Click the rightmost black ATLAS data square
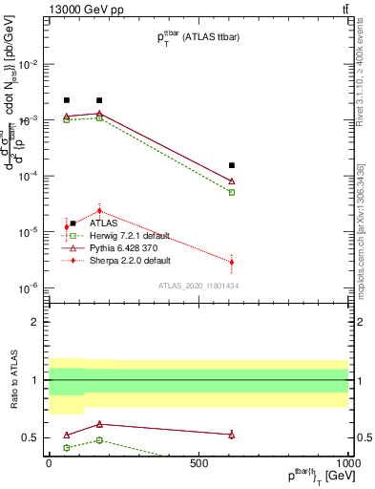[x=232, y=165]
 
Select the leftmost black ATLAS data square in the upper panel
[x=67, y=100]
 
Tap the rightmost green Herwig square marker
[x=232, y=192]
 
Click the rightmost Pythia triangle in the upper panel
[x=232, y=181]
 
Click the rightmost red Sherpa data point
[x=232, y=262]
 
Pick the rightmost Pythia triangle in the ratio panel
[x=232, y=435]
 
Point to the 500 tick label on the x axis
[x=198, y=461]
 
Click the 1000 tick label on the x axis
[x=347, y=461]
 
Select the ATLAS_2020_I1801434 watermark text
[x=198, y=287]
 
